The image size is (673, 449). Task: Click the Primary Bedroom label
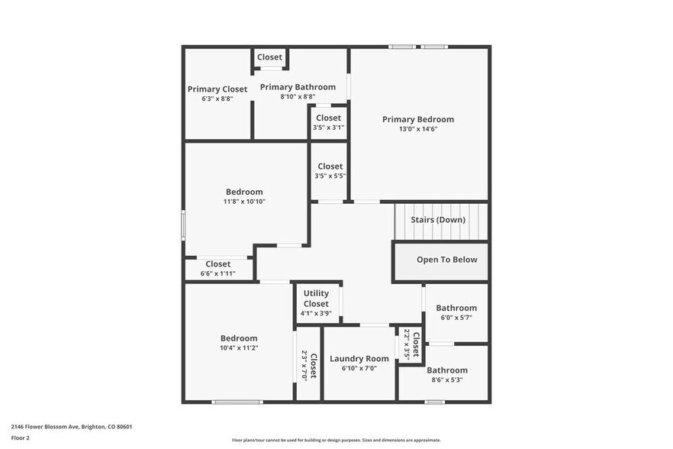pos(418,119)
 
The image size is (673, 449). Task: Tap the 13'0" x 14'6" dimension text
pos(418,129)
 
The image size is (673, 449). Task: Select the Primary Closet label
pos(217,89)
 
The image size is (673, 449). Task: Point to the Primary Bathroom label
pos(298,87)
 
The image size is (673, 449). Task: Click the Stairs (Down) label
pos(438,220)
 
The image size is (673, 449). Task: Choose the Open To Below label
pos(446,260)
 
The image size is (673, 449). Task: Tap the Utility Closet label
pos(316,299)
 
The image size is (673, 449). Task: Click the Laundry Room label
pos(359,359)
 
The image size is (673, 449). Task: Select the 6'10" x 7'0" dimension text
pos(359,368)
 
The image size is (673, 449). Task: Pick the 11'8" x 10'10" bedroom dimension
pos(244,202)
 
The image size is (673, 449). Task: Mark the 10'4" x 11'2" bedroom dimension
pos(239,348)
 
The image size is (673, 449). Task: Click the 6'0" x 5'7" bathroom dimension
pos(456,318)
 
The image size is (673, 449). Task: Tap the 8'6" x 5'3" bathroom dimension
pos(447,380)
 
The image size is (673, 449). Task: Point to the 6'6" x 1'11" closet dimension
pos(217,273)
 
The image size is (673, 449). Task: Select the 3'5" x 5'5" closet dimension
pos(330,176)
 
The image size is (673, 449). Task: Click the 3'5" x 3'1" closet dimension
pos(328,128)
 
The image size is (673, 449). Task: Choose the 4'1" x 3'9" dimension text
pos(316,313)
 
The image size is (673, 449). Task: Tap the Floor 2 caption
pos(20,438)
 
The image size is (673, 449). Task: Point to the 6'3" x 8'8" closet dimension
pos(217,99)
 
